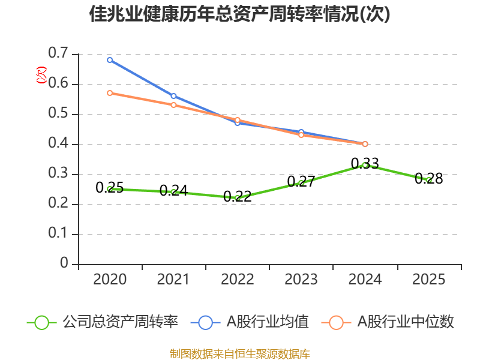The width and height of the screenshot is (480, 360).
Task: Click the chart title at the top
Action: point(239,14)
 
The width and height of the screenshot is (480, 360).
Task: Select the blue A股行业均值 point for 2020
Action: point(110,60)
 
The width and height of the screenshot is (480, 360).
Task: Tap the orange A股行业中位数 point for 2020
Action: point(110,93)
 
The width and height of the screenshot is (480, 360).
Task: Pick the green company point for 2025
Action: point(429,180)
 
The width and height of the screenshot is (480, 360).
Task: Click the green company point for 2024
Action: point(365,165)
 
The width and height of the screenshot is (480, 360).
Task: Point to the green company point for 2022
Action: point(238,198)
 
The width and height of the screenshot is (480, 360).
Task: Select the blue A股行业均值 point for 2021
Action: point(174,96)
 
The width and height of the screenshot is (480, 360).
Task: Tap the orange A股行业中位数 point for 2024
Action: point(365,144)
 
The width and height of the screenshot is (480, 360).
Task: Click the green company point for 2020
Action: point(110,189)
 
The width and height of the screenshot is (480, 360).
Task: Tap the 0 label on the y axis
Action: point(64,265)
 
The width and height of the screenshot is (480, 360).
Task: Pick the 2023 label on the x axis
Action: point(301,280)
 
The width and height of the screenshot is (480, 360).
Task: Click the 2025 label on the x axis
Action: point(429,280)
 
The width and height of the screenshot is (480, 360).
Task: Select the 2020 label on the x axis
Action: point(110,280)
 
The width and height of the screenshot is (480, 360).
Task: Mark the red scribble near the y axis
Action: point(41,74)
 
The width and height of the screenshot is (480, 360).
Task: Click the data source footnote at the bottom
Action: point(239,353)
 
